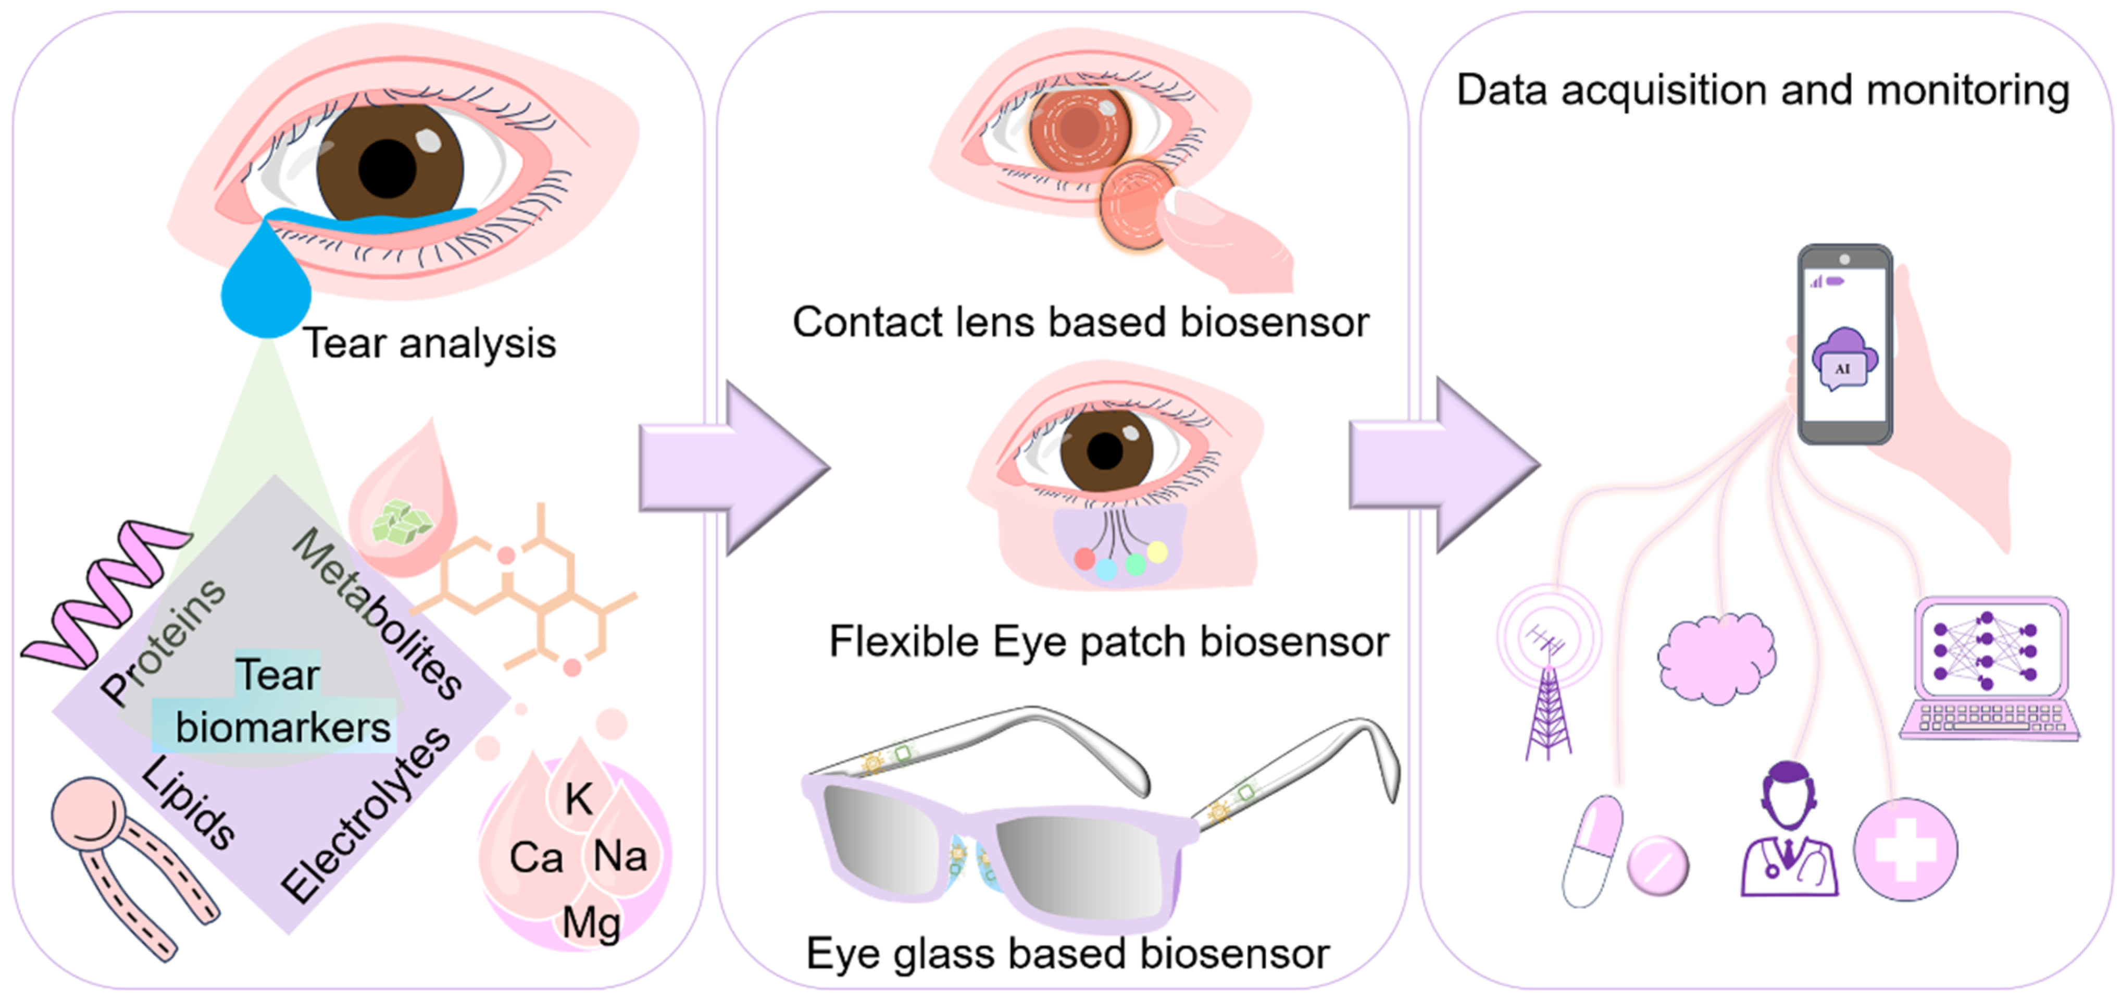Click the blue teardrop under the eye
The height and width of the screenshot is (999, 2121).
pyautogui.click(x=265, y=288)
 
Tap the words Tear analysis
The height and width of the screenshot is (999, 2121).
pyautogui.click(x=429, y=343)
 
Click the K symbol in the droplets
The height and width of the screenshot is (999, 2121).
pyautogui.click(x=578, y=798)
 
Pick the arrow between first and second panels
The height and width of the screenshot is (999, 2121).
pyautogui.click(x=733, y=468)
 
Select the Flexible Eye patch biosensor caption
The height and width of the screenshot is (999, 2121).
pyautogui.click(x=1108, y=642)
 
